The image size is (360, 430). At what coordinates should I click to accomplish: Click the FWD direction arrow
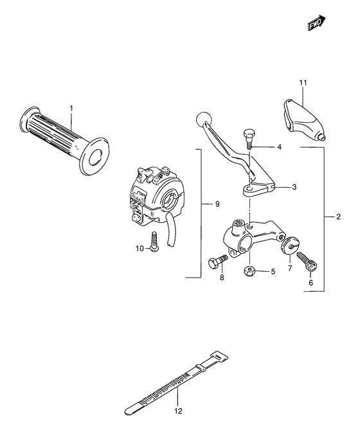(x=316, y=23)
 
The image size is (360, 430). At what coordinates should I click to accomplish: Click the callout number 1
(x=71, y=107)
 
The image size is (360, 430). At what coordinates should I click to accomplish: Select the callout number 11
(x=303, y=83)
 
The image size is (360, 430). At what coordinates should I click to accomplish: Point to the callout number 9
(x=217, y=204)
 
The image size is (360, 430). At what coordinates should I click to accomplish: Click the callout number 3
(x=294, y=187)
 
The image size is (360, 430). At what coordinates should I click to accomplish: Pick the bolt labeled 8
(x=216, y=262)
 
